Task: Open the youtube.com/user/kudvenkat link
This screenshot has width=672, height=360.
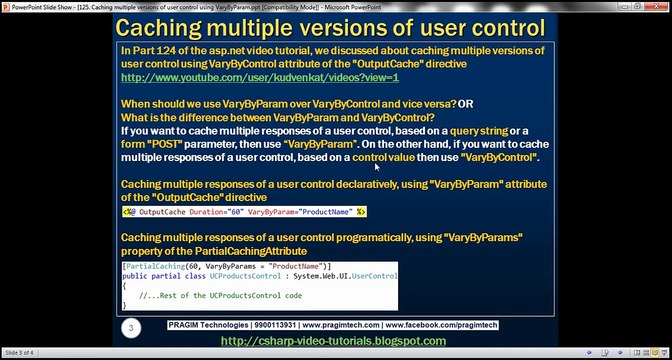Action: pyautogui.click(x=260, y=77)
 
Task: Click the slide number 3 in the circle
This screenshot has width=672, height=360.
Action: pyautogui.click(x=130, y=327)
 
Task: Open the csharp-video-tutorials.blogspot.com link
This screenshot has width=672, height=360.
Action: pyautogui.click(x=333, y=341)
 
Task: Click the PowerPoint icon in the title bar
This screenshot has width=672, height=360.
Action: pyautogui.click(x=6, y=5)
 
